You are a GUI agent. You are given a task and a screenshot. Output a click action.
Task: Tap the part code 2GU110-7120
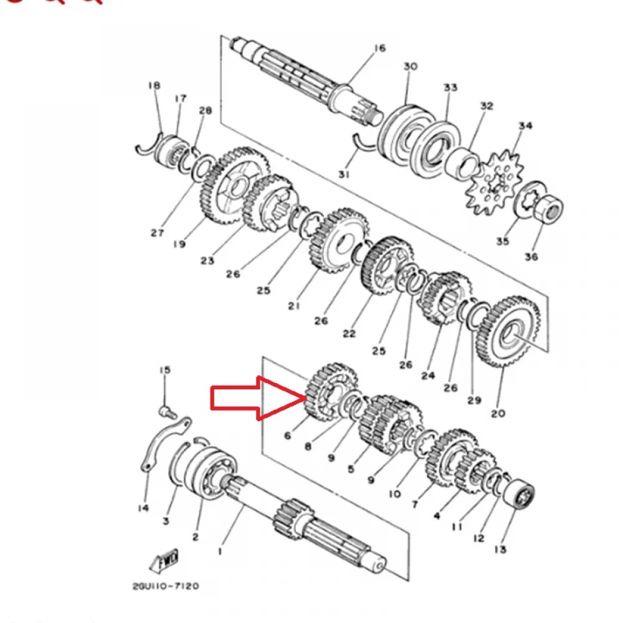coord(166,586)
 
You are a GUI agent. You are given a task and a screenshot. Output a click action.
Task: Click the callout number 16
coord(380,48)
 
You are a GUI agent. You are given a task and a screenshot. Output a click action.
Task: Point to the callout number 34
coord(525,126)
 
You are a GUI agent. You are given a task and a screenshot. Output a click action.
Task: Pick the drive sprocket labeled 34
coord(494,182)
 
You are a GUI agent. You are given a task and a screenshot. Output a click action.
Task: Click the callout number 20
coord(498,414)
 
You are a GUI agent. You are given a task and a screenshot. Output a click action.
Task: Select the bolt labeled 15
coord(168,412)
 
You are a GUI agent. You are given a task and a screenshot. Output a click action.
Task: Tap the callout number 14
coord(143,508)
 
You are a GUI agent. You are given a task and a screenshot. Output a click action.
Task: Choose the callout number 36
coord(531,257)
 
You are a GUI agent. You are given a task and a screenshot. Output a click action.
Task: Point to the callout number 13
coord(500,549)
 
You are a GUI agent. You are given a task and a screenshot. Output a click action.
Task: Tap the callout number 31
coord(344,174)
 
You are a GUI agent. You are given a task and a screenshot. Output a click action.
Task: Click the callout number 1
coord(220,551)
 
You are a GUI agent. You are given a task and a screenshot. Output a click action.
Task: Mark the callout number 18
coord(154,85)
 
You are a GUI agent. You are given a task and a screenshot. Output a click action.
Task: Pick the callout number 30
coord(411,66)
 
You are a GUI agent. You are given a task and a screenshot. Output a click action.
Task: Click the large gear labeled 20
coord(507,331)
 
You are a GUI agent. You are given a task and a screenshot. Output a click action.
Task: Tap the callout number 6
coord(288,435)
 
